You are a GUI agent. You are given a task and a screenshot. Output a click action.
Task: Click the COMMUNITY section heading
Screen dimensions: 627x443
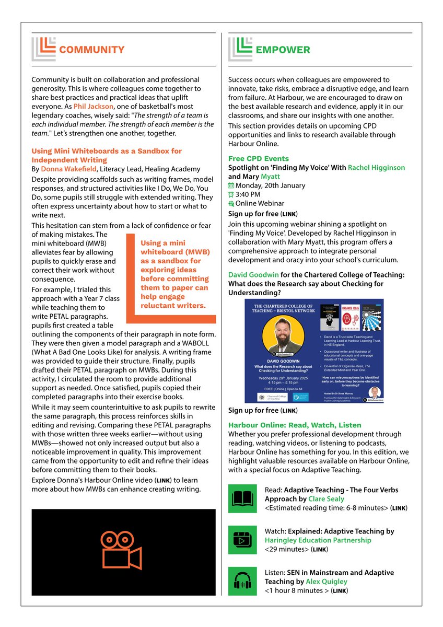91,50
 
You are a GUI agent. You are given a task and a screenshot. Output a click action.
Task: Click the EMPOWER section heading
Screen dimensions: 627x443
282,50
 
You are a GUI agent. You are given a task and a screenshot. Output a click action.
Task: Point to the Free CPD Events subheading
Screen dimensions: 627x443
258,158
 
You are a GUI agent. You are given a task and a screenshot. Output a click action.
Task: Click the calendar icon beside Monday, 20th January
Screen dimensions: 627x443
231,185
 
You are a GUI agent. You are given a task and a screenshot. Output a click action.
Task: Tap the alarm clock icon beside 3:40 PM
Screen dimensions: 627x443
231,194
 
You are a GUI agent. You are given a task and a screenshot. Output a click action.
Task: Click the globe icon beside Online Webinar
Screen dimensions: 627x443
231,203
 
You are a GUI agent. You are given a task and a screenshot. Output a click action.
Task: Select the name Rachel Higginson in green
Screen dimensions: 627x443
376,168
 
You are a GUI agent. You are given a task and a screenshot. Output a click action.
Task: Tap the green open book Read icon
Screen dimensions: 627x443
242,498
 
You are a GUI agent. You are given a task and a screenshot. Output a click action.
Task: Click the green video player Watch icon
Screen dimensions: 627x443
242,540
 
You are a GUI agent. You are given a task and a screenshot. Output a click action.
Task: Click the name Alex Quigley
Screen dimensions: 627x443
327,582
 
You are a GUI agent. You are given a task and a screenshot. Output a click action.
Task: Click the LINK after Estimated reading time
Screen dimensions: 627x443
400,507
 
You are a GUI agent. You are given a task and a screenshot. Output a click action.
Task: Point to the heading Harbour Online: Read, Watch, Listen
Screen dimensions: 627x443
294,425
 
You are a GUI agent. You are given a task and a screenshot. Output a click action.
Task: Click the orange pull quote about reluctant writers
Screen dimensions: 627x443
174,274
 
